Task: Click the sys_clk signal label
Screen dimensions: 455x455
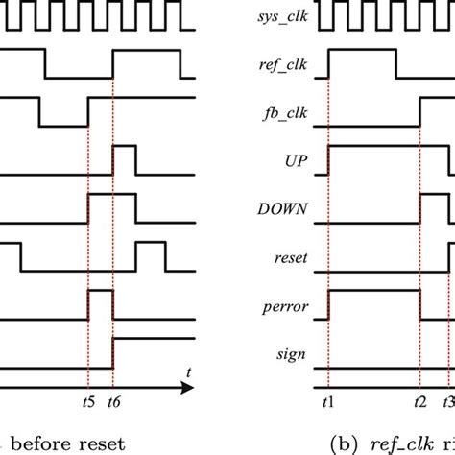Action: point(283,17)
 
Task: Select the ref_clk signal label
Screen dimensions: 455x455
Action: point(283,65)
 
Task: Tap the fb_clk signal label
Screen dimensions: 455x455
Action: point(285,113)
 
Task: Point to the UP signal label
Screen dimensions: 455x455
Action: point(296,161)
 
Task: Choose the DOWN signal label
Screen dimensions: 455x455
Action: point(282,209)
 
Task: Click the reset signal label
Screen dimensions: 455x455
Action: point(291,258)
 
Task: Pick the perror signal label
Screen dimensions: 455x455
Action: point(285,307)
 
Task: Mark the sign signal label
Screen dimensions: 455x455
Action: point(291,354)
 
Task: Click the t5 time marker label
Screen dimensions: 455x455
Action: point(88,402)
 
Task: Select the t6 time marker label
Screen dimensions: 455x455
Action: point(114,402)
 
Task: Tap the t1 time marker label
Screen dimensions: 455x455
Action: point(328,402)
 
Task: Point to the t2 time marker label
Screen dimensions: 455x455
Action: point(420,402)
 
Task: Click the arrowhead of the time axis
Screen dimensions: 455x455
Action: point(187,388)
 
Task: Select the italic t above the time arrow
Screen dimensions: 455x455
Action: point(189,372)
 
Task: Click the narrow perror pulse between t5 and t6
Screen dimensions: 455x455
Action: point(101,290)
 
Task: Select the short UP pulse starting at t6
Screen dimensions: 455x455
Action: point(125,146)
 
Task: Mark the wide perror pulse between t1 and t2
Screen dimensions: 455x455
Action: point(374,290)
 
